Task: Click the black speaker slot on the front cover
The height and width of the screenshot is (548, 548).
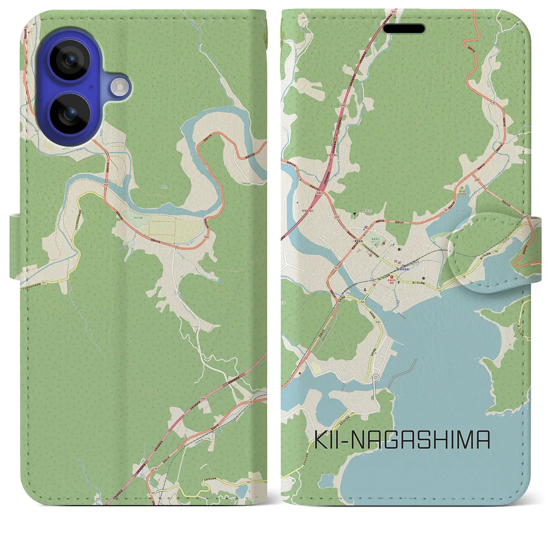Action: pyautogui.click(x=404, y=29)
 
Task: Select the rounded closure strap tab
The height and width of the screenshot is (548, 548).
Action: pyautogui.click(x=488, y=253)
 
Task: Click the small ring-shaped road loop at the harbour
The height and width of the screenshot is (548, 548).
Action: pyautogui.click(x=376, y=377)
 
